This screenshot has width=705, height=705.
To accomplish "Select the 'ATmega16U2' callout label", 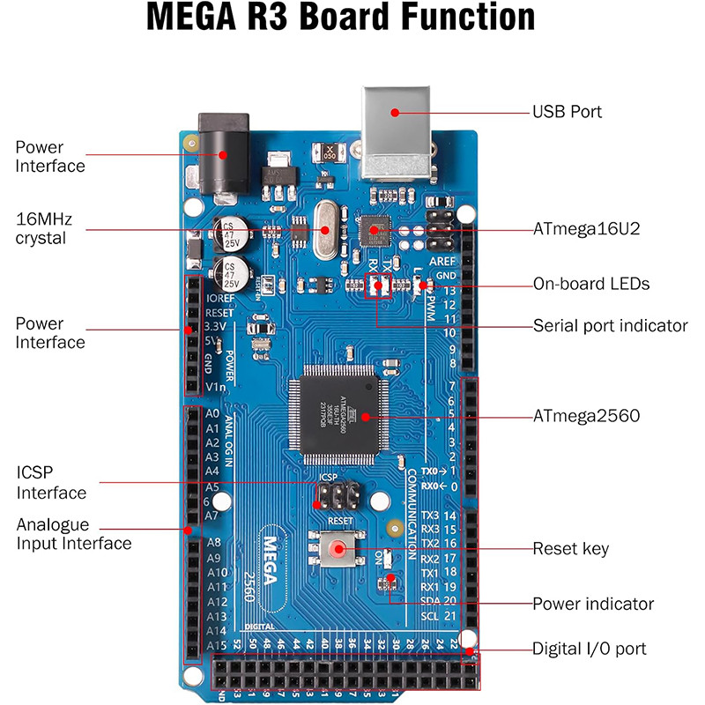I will (x=586, y=229).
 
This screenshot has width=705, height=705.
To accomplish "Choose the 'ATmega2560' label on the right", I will (x=586, y=415).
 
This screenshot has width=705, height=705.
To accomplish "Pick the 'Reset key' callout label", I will (x=570, y=549).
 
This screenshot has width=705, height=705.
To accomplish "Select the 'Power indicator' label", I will (x=593, y=604).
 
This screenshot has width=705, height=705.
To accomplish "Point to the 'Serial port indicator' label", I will (x=610, y=325).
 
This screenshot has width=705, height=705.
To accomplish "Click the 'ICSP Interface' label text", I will (x=51, y=482).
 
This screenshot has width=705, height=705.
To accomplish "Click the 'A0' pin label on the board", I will (x=211, y=413).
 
